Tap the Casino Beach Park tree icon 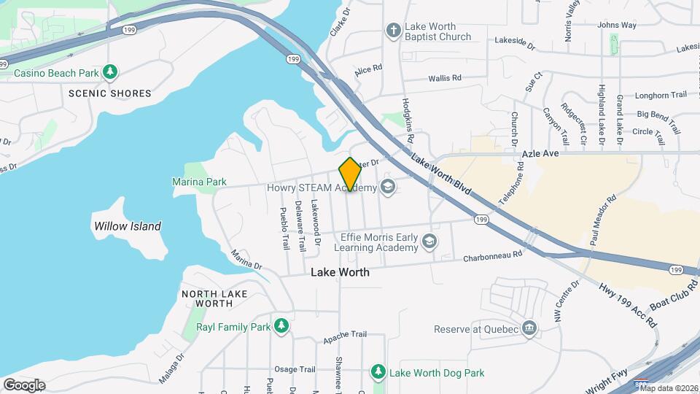point(110,72)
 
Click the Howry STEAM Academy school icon point(387,188)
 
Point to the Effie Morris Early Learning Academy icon point(431,242)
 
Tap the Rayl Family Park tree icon point(281,326)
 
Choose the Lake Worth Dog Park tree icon point(378,373)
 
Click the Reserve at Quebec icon point(529,329)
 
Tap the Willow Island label point(128,226)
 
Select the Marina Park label point(199,182)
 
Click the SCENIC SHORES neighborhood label point(109,93)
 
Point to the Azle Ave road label point(540,154)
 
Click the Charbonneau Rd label point(494,256)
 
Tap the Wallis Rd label point(445,77)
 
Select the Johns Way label point(617,25)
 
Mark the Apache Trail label point(345,334)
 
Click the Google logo point(23,385)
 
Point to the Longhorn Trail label point(661,95)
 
